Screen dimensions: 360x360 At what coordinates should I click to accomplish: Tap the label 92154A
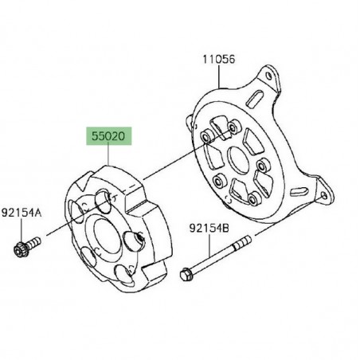coord(22,213)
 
